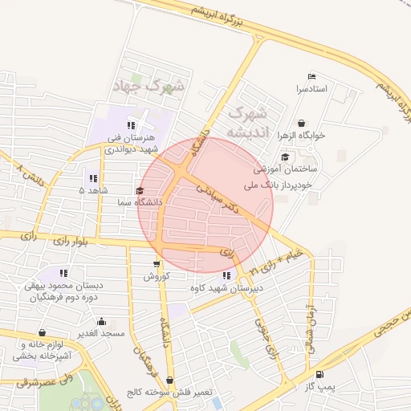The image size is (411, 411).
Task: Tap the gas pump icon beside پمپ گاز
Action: pos(320,374)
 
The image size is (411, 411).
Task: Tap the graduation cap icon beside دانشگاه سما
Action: pos(140,191)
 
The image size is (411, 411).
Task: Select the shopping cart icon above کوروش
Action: pos(156,264)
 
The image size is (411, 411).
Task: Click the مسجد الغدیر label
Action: pos(99,332)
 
